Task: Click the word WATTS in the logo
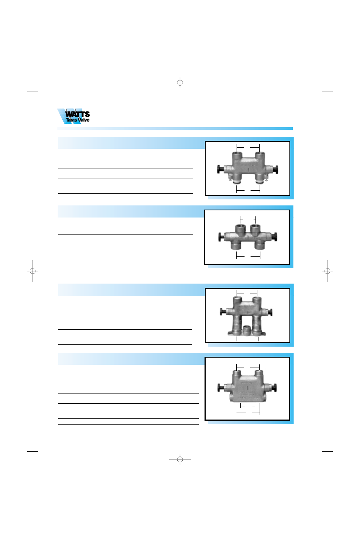[77, 114]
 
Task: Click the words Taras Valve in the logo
[77, 120]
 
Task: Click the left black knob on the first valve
[219, 169]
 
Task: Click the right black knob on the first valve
[276, 170]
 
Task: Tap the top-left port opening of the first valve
[237, 154]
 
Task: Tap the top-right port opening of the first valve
[258, 154]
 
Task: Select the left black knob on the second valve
[220, 237]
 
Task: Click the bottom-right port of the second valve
[259, 247]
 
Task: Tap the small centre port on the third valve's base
[247, 330]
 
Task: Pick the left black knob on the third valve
[222, 312]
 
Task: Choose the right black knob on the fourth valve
[275, 387]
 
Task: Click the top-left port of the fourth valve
[237, 373]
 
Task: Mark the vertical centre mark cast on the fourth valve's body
[248, 388]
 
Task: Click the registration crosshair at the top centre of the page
[180, 83]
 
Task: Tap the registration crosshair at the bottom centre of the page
[180, 459]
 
